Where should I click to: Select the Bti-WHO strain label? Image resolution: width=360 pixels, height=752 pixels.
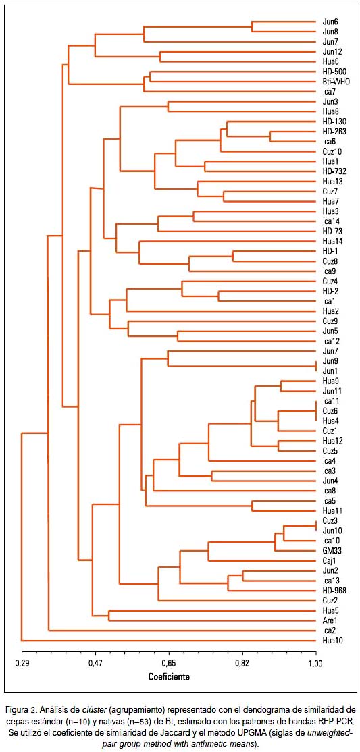point(333,81)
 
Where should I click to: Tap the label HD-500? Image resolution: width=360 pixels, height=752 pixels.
point(332,71)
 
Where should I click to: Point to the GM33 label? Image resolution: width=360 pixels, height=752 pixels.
point(331,549)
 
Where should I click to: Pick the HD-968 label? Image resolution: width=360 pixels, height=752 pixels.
point(332,590)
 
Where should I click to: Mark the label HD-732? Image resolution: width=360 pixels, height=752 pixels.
point(332,171)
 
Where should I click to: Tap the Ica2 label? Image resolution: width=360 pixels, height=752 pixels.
point(330,630)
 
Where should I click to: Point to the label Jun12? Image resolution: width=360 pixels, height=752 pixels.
point(331,51)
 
